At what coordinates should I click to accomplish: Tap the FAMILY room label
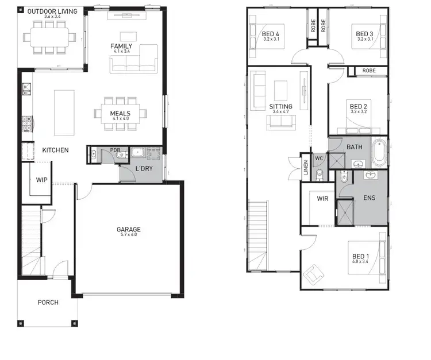point(121,47)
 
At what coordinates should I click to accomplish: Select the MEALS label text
point(121,113)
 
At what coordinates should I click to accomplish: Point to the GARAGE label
point(129,230)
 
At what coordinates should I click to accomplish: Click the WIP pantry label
point(41,180)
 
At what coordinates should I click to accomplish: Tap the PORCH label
point(48,303)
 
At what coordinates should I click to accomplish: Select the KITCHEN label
point(55,150)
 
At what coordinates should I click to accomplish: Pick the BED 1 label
point(361,258)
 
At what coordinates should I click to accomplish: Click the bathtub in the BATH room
point(379,153)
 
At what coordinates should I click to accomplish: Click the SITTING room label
point(280,107)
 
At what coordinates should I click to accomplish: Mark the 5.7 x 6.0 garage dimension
point(129,236)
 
